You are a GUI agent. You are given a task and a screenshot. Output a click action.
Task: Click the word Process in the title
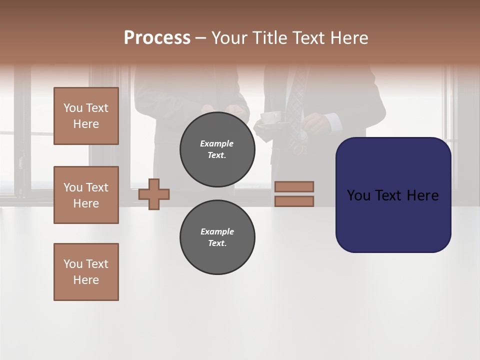click(157, 38)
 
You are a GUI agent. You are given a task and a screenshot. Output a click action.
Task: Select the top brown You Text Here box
click(86, 116)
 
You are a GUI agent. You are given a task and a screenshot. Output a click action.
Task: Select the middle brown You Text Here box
click(86, 195)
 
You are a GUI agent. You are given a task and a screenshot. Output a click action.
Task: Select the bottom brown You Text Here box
click(86, 272)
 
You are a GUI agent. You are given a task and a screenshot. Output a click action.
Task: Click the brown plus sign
click(154, 194)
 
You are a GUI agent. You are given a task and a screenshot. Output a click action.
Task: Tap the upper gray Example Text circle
click(217, 149)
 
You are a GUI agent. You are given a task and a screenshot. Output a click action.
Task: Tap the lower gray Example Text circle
click(217, 237)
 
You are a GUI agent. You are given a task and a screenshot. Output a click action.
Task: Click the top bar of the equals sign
click(294, 186)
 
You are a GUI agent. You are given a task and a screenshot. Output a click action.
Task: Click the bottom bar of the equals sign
click(294, 201)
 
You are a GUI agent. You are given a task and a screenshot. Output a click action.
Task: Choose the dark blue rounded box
click(393, 195)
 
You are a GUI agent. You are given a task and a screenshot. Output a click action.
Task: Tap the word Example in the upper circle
click(217, 144)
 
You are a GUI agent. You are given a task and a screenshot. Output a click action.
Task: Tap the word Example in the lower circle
click(217, 231)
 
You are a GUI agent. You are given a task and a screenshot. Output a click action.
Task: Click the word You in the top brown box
click(73, 108)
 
